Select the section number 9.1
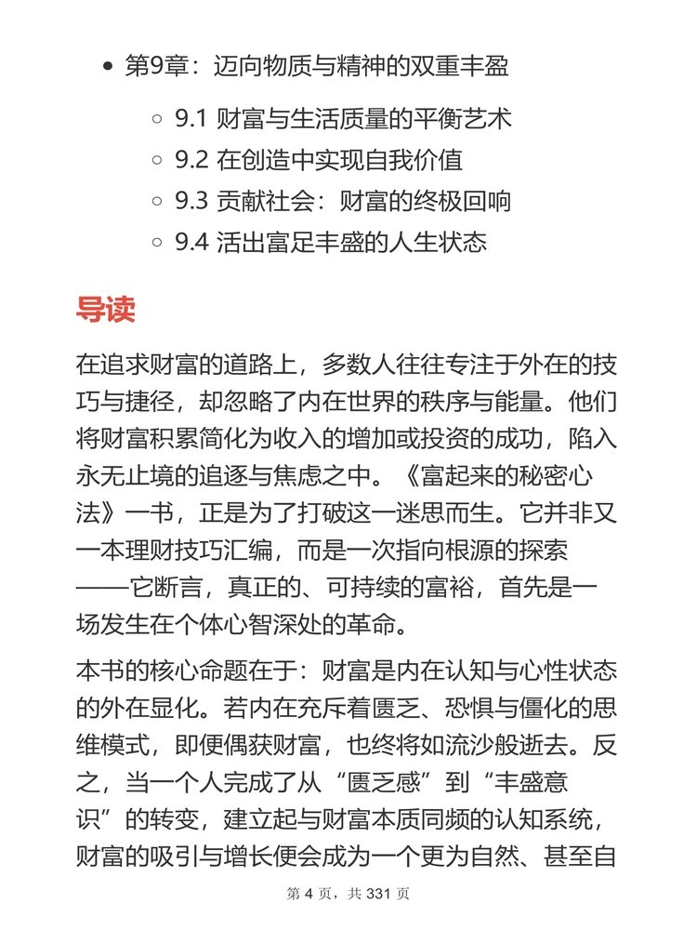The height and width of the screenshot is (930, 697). click(191, 120)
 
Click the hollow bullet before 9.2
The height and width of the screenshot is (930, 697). click(157, 161)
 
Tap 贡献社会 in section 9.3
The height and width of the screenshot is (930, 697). click(261, 202)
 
